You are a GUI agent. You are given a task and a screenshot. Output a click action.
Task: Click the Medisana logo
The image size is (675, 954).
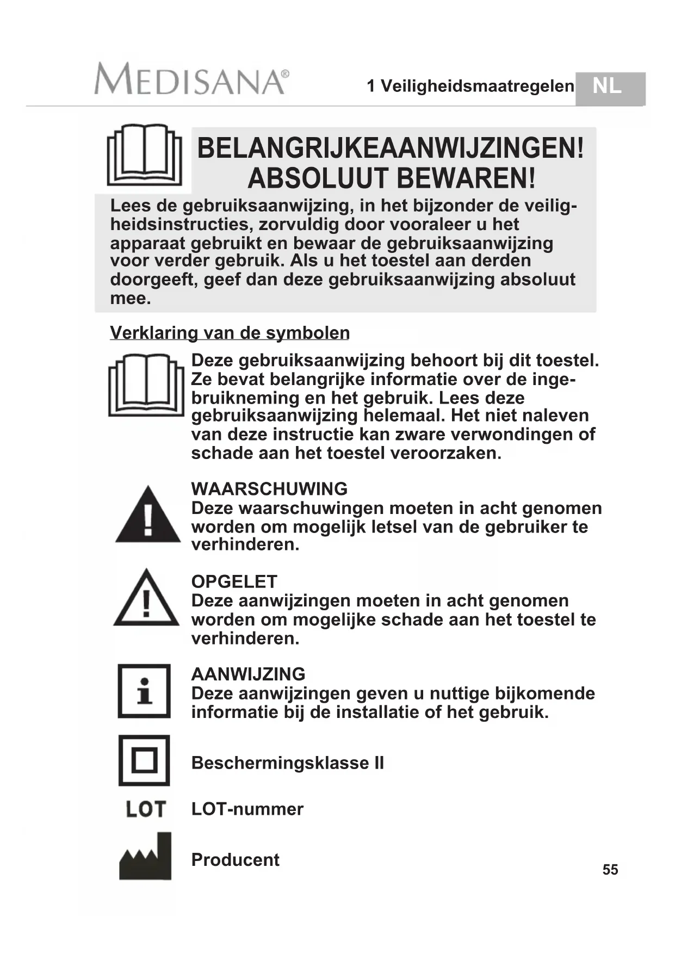[x=191, y=79]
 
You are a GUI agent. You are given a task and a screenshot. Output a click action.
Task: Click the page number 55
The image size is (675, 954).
[x=610, y=870]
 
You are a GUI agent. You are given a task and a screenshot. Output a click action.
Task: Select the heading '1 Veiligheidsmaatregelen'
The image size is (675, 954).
[x=470, y=86]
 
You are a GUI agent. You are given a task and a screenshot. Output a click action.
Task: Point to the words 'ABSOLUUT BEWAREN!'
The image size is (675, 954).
[x=392, y=178]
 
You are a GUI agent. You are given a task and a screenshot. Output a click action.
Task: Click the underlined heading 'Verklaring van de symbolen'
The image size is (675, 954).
[x=230, y=332]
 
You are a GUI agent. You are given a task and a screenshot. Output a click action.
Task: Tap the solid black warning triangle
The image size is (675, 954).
[x=148, y=516]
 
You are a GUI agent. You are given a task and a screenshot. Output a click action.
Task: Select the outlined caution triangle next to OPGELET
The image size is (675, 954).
[x=146, y=599]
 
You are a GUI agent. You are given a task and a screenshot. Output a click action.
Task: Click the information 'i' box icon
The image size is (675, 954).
[x=144, y=691]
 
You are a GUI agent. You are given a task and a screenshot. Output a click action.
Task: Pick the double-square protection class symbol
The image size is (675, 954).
[x=144, y=760]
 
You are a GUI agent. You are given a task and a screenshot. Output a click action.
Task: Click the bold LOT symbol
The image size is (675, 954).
[x=145, y=809]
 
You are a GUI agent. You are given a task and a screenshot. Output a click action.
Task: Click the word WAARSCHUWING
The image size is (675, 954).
[x=269, y=488]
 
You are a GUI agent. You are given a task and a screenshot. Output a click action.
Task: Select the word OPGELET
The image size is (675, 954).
[x=234, y=581]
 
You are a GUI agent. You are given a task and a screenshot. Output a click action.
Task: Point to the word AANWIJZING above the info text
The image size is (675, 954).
[x=248, y=674]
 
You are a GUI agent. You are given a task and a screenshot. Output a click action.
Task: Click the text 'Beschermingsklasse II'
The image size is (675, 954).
[x=288, y=763]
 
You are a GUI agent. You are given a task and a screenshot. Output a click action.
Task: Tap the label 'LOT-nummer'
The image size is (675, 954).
[x=247, y=809]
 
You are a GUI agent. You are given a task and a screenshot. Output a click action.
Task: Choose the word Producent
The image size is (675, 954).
[x=236, y=859]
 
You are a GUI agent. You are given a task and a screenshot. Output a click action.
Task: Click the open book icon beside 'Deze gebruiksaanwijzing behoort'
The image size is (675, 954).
[x=146, y=385]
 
